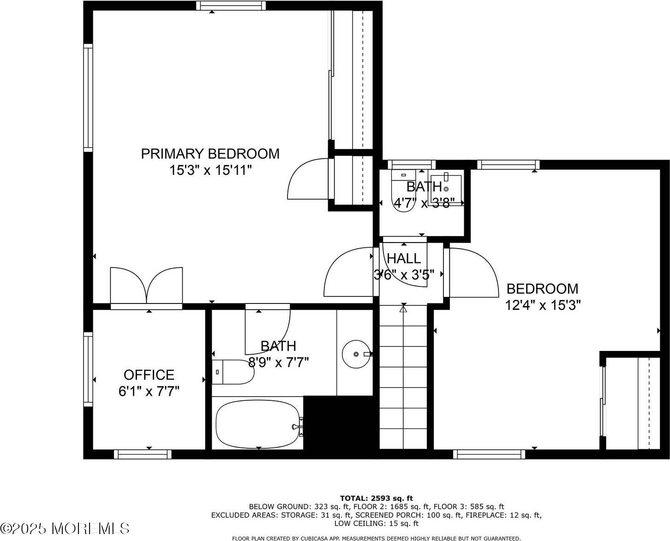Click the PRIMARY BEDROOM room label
210,154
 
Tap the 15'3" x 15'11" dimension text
210,170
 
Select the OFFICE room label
149,375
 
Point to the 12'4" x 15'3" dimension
542,305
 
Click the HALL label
404,258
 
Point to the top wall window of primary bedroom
231,6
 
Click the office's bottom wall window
143,454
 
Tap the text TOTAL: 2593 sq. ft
376,498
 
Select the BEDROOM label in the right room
542,289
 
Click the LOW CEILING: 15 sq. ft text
376,523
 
